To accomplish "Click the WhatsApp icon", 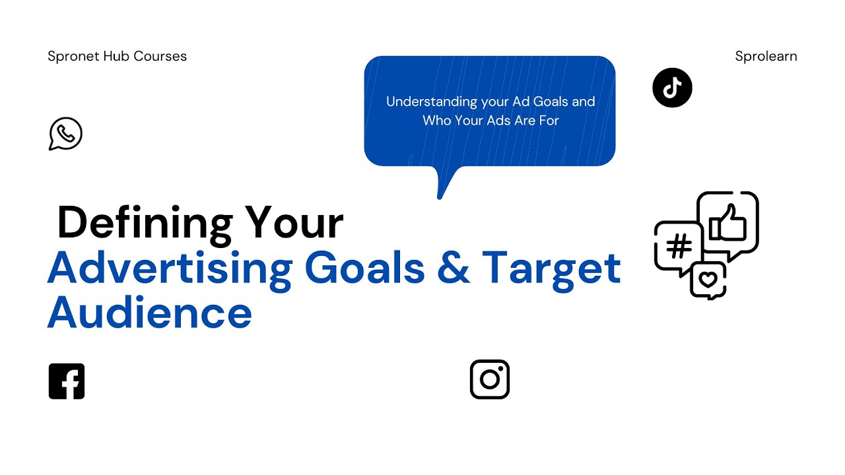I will click(x=65, y=133).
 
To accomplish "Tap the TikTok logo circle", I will click(x=672, y=88).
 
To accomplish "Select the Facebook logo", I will click(x=67, y=381).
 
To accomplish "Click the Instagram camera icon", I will click(x=490, y=379).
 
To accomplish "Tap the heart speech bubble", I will click(x=708, y=280).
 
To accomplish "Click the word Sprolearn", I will click(x=766, y=56).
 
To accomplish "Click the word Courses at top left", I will click(x=160, y=56).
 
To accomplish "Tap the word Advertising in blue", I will click(x=169, y=267).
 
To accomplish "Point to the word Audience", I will click(x=150, y=312).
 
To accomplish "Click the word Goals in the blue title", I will click(x=364, y=267).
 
